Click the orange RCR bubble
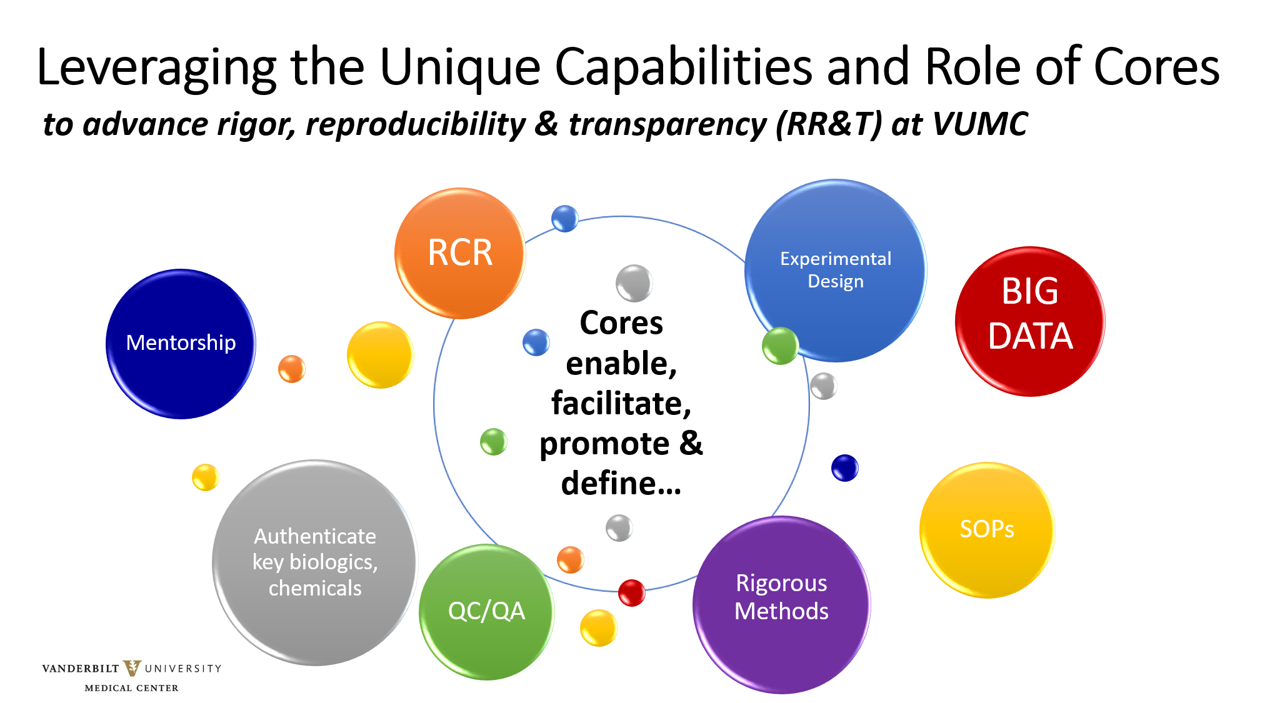pyautogui.click(x=460, y=253)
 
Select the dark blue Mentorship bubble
pyautogui.click(x=181, y=344)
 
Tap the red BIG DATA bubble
pyautogui.click(x=1030, y=321)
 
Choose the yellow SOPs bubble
pyautogui.click(x=987, y=530)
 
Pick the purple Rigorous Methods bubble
pyautogui.click(x=781, y=604)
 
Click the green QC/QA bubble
pyautogui.click(x=486, y=612)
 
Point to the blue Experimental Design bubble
pyautogui.click(x=836, y=270)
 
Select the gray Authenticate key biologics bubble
pyautogui.click(x=315, y=562)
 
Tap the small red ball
pyautogui.click(x=631, y=592)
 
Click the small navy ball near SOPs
pyautogui.click(x=844, y=468)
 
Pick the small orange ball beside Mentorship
pyautogui.click(x=291, y=369)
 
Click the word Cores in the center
pyautogui.click(x=621, y=324)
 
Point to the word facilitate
pyautogui.click(x=621, y=404)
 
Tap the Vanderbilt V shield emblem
pyautogui.click(x=132, y=668)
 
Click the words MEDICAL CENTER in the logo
pyautogui.click(x=131, y=688)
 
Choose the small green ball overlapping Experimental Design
pyautogui.click(x=780, y=346)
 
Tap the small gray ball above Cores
pyautogui.click(x=634, y=283)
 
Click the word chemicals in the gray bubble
pyautogui.click(x=315, y=589)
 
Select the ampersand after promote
pyautogui.click(x=691, y=444)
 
